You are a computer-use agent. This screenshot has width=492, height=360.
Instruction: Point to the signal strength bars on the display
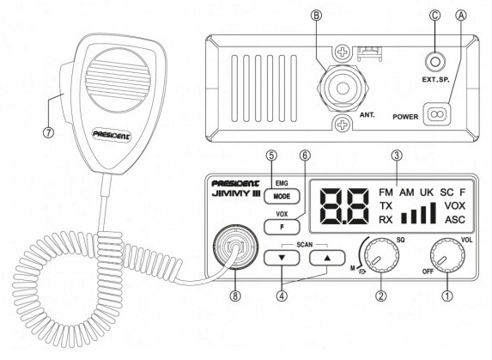click(x=418, y=211)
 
